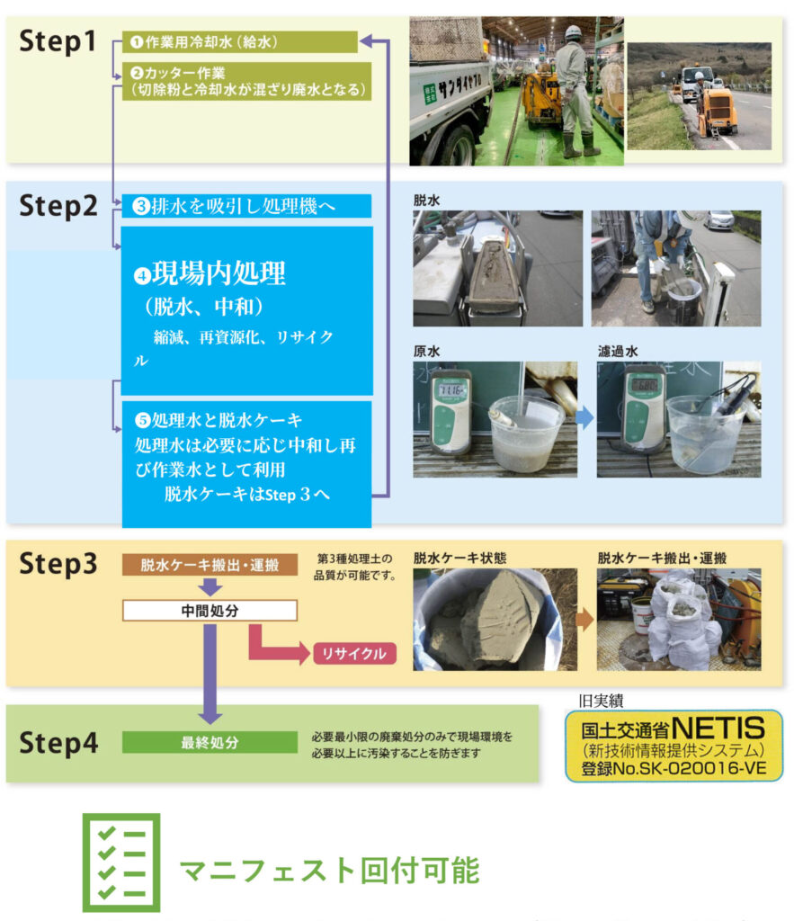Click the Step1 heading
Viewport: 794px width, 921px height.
(x=58, y=41)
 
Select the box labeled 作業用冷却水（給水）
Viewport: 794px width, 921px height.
(x=239, y=41)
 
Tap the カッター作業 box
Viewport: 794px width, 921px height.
(x=246, y=81)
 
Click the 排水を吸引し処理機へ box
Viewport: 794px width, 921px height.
(x=246, y=206)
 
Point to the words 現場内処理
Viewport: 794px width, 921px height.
(x=219, y=273)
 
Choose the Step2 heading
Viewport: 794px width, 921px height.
(x=58, y=206)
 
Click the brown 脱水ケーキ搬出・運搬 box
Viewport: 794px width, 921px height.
(x=210, y=565)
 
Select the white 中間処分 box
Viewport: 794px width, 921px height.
(x=210, y=611)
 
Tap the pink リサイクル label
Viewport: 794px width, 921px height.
(x=354, y=653)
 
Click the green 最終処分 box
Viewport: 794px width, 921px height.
(x=210, y=742)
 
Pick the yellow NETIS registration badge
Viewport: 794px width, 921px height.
(x=674, y=746)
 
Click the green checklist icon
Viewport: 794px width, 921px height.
(x=121, y=863)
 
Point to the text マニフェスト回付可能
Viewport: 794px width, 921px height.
(x=330, y=871)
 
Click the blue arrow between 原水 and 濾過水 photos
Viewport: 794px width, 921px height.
(x=584, y=417)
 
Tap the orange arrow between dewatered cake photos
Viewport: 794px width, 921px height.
(x=584, y=619)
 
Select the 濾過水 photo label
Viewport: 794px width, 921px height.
(x=618, y=352)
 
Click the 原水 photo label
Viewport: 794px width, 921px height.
(x=427, y=352)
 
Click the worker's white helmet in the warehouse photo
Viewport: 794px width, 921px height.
(x=573, y=31)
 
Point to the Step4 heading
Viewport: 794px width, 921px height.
(x=58, y=742)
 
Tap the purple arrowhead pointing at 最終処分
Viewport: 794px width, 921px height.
(x=210, y=717)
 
